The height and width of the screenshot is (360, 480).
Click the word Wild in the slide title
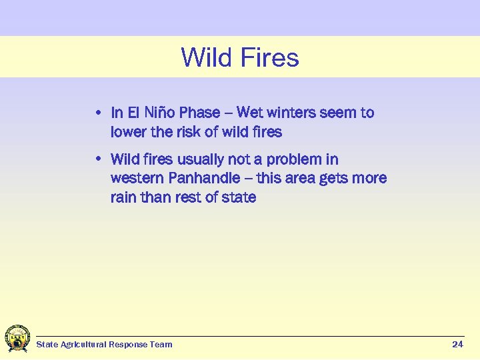205,58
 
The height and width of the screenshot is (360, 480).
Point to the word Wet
250,113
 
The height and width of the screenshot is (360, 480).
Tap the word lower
129,132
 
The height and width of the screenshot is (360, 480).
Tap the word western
137,179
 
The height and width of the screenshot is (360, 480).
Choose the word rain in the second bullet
124,198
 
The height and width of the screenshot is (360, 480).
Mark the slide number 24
457,344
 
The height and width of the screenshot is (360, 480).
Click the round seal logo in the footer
17,339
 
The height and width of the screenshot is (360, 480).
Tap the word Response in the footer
134,345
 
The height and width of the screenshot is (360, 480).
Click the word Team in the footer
163,345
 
